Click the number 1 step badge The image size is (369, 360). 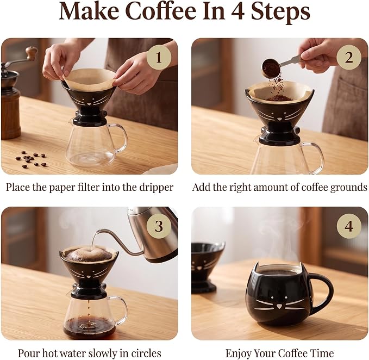(159, 57)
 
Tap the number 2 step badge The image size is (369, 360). (349, 57)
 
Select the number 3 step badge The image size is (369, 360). (159, 226)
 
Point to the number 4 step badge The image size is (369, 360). (349, 226)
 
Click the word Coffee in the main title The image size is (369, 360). (160, 11)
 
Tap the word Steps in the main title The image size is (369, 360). (280, 12)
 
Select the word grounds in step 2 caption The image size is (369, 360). (349, 188)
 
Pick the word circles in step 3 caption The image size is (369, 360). (146, 353)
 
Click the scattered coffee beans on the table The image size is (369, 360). (31, 159)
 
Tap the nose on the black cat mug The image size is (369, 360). (279, 306)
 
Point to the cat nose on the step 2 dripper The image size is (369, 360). (279, 119)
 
